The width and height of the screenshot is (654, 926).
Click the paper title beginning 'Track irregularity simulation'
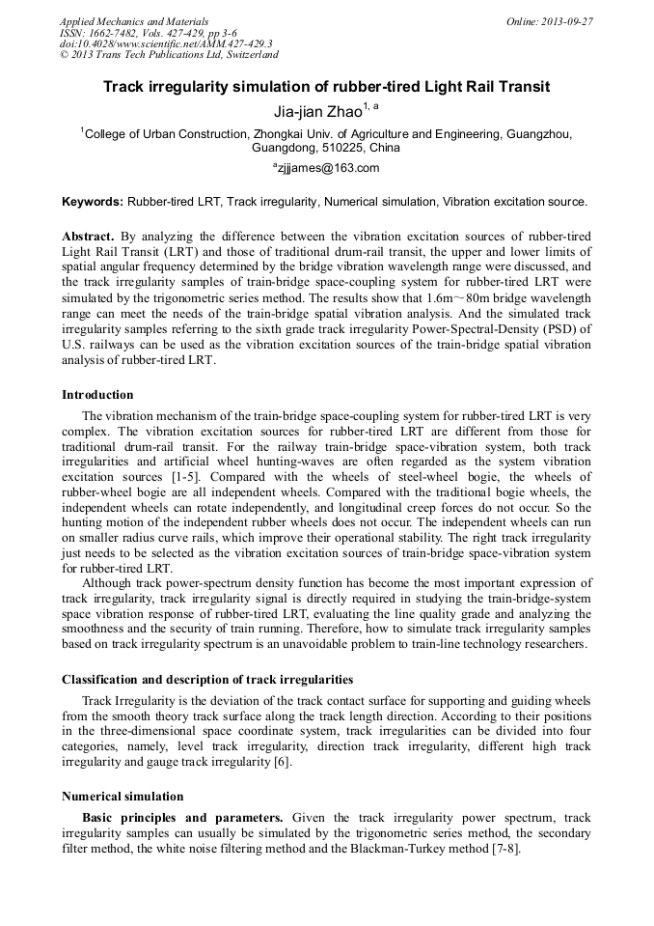326,87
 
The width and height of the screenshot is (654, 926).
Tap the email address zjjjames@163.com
328,168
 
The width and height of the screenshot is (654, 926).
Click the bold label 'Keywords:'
93,202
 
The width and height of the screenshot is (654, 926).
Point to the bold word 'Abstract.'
89,236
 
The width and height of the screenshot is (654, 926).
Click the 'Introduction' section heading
97,394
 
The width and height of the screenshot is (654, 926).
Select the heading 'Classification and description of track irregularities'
207,679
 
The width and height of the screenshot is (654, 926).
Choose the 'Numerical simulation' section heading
123,797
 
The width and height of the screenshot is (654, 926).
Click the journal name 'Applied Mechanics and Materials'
134,21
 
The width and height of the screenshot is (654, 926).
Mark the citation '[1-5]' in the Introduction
185,478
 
